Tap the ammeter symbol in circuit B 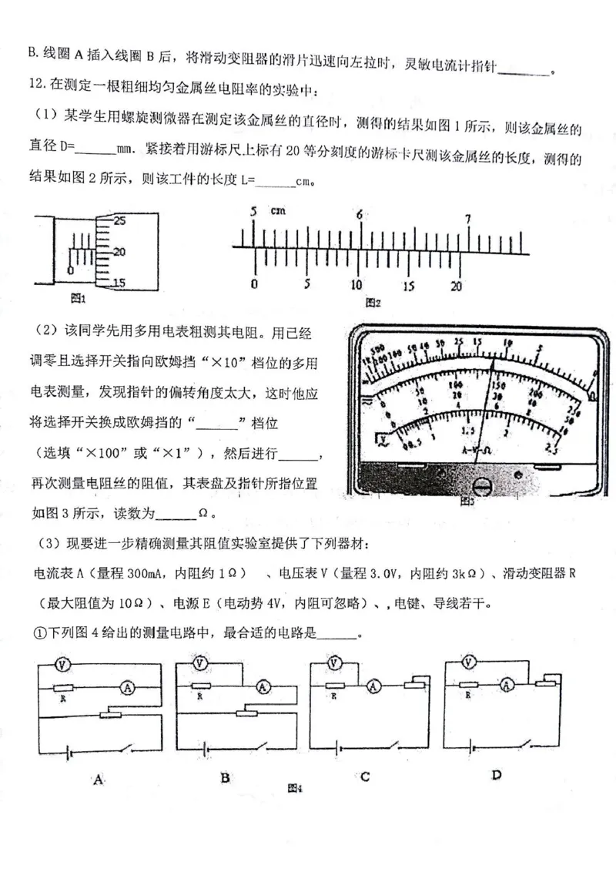(x=263, y=687)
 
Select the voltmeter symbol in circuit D (x=470, y=661)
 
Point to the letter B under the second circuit (x=225, y=777)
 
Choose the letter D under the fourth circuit (x=497, y=775)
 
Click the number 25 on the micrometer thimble (x=119, y=220)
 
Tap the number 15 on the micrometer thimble (x=119, y=283)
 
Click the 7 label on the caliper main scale (x=467, y=219)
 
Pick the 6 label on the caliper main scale (x=359, y=215)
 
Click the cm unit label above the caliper (x=278, y=211)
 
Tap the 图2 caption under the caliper (x=373, y=302)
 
